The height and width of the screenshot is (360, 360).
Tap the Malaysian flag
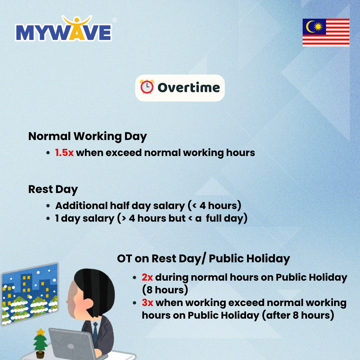[x=326, y=32]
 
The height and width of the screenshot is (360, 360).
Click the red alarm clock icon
[x=147, y=87]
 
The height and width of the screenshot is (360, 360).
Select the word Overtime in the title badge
[x=189, y=87]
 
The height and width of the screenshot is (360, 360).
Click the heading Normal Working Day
[x=87, y=136]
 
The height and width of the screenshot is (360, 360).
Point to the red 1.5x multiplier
[x=64, y=153]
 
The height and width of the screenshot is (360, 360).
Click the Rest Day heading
[x=53, y=190]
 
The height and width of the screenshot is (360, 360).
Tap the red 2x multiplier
[x=147, y=277]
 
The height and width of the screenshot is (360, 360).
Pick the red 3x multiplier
[x=148, y=303]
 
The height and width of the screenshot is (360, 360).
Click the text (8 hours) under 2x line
[x=165, y=290]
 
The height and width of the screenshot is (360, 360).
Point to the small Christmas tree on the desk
[x=41, y=343]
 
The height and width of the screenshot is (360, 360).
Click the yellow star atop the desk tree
[x=41, y=332]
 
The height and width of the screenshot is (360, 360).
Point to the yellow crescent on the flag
[x=310, y=27]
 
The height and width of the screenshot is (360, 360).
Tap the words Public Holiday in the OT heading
[x=249, y=259]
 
